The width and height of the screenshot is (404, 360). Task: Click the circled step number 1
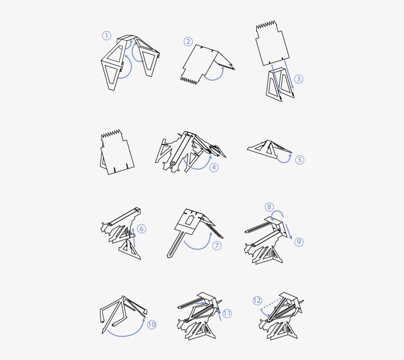106,36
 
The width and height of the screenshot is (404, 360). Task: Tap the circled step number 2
188,41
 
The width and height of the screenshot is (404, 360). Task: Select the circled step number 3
299,79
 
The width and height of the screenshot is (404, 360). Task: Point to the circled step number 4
213,167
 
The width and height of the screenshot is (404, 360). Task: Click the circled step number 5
300,160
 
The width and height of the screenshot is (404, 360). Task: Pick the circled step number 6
141,229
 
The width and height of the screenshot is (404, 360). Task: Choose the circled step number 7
217,245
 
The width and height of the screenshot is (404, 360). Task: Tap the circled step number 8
269,207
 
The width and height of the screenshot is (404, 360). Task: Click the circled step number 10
151,324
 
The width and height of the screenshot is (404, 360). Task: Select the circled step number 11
227,313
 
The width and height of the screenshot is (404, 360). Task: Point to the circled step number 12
257,300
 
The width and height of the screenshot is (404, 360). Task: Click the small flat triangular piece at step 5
269,147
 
